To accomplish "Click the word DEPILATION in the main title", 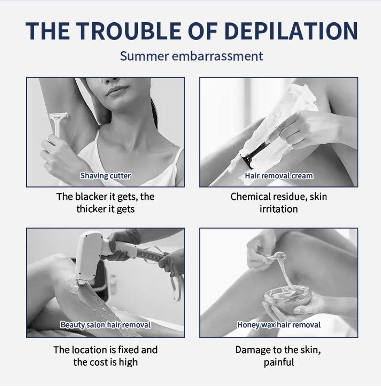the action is pos(291,31).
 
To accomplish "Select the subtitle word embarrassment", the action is pos(218,56).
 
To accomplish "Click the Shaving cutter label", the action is pos(105,176).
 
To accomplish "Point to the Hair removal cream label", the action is pos(279,176).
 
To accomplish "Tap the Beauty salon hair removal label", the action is pos(105,325).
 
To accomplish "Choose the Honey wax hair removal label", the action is pos(279,325).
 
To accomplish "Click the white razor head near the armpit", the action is pos(58,116).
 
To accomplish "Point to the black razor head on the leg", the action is pos(246,162).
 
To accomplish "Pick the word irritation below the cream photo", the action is pos(279,209).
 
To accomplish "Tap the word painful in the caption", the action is pos(279,363).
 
